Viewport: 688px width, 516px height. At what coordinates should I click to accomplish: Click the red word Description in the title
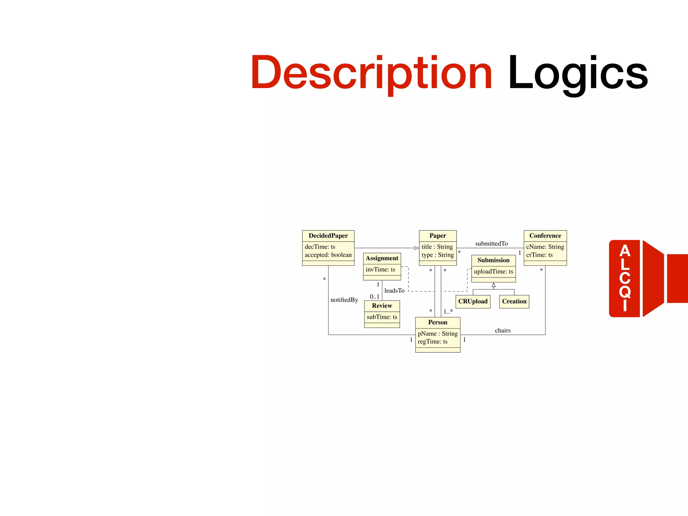371,73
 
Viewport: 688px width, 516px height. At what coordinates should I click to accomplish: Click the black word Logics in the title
578,73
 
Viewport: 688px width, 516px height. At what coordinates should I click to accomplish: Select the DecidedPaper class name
328,236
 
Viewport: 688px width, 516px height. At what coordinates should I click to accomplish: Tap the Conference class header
545,236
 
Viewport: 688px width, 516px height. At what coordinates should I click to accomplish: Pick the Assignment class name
382,258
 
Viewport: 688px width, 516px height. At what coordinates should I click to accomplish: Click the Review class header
382,306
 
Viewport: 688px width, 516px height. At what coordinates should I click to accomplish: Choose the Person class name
438,322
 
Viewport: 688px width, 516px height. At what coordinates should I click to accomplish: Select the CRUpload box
473,301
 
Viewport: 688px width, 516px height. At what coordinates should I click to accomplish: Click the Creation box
514,301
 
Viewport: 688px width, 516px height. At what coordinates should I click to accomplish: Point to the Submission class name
493,260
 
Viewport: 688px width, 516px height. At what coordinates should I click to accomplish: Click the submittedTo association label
491,244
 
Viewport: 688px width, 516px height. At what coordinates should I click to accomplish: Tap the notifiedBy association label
344,300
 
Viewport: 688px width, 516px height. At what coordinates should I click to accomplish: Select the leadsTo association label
394,291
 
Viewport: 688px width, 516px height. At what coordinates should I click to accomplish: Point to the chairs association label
503,331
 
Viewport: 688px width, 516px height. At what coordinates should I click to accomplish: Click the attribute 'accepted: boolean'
328,255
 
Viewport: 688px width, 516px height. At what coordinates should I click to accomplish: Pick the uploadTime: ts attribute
493,271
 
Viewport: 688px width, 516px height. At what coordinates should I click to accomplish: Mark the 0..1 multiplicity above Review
375,297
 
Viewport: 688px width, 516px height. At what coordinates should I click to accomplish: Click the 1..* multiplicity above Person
448,311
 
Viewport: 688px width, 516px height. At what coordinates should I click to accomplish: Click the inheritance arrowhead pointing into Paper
417,248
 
